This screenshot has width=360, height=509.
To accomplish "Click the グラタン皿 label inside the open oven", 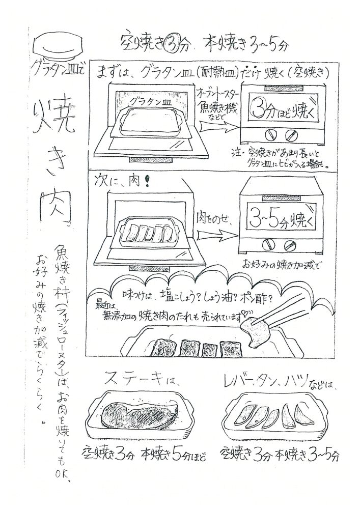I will pos(149,101).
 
